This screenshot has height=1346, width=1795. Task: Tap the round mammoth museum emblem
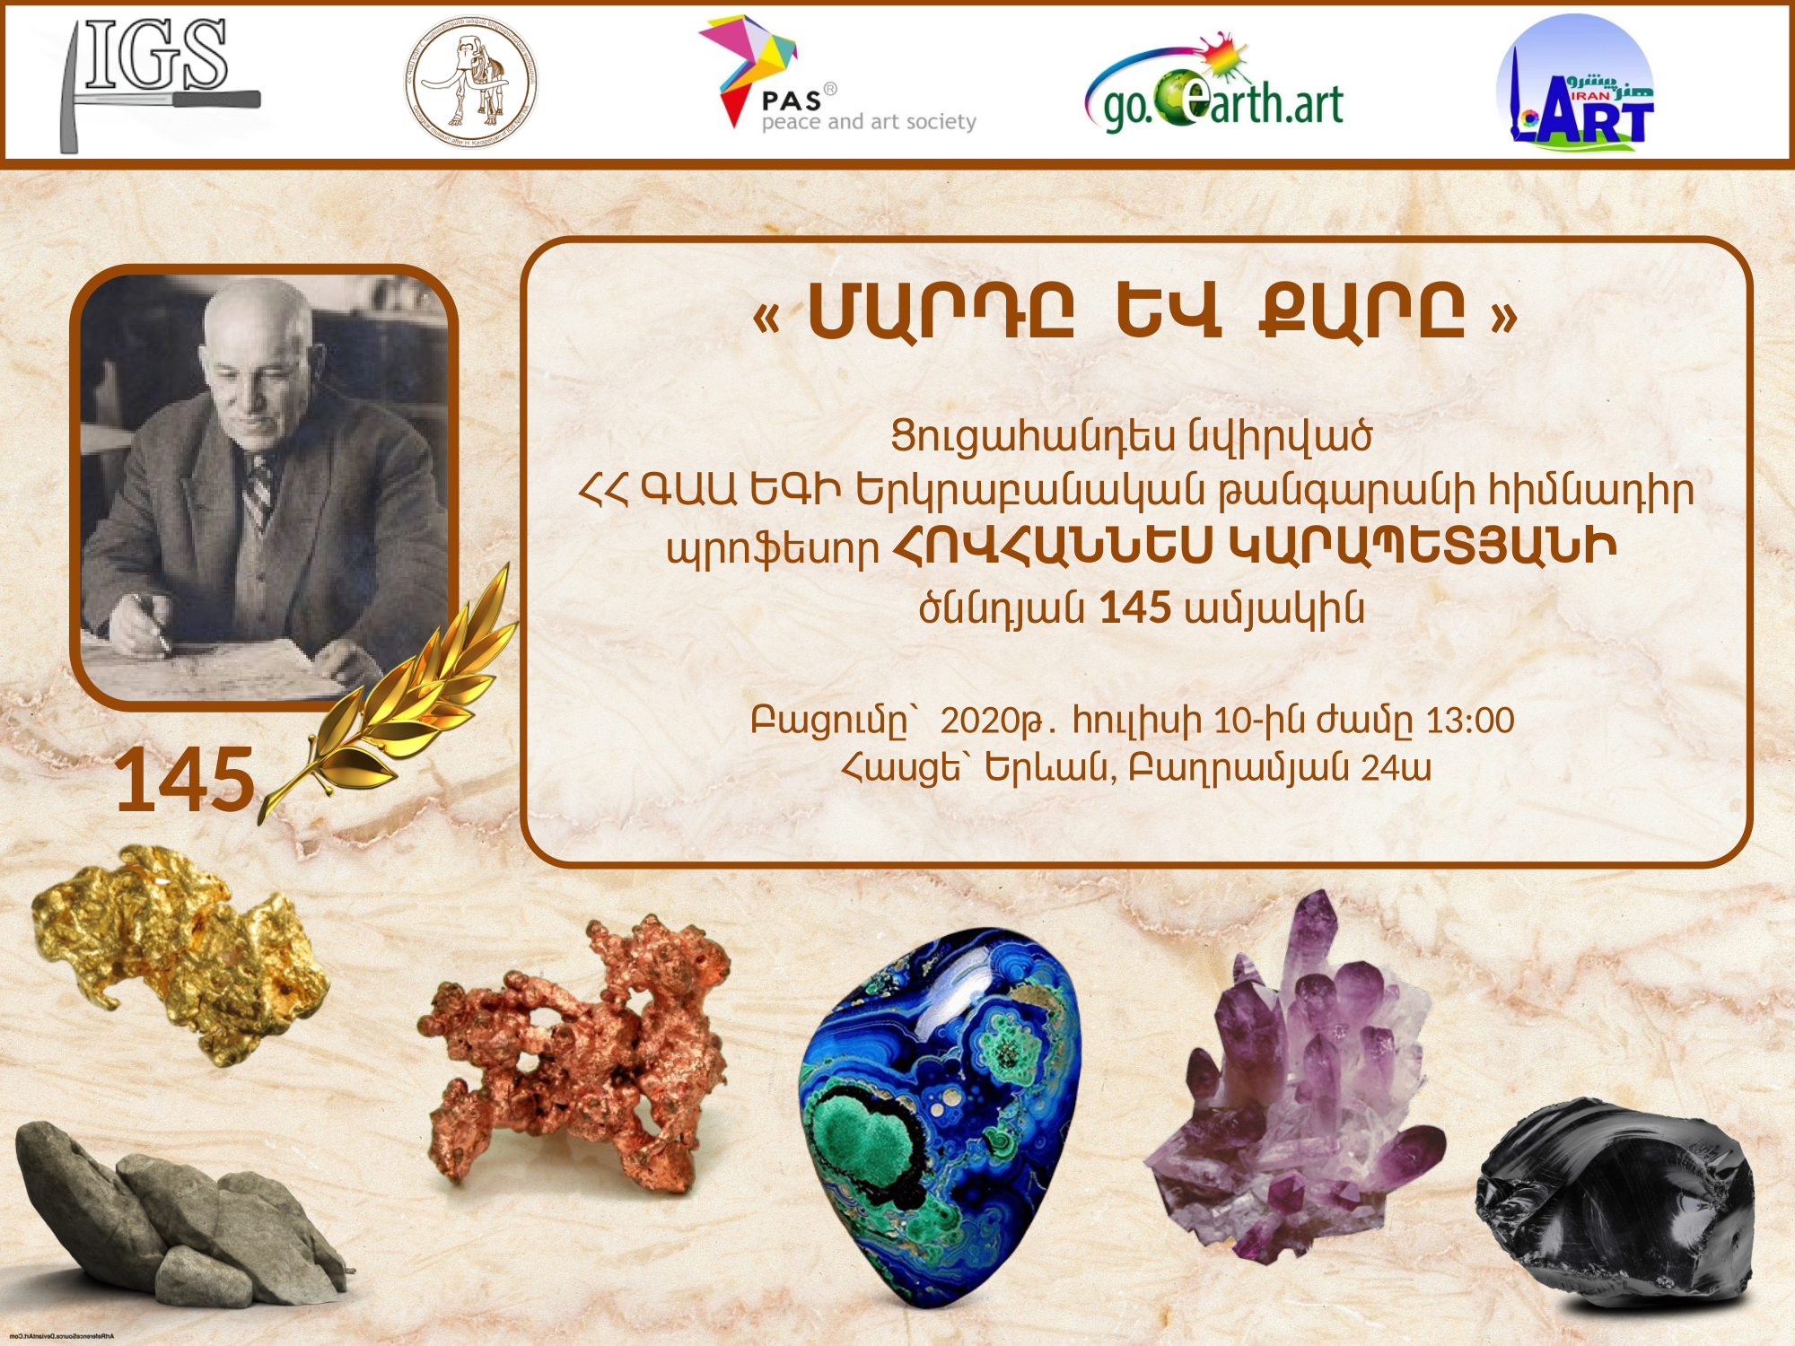coord(470,83)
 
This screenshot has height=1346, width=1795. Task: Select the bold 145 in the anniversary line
coord(1135,608)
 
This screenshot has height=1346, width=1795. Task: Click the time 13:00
coord(1470,721)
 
